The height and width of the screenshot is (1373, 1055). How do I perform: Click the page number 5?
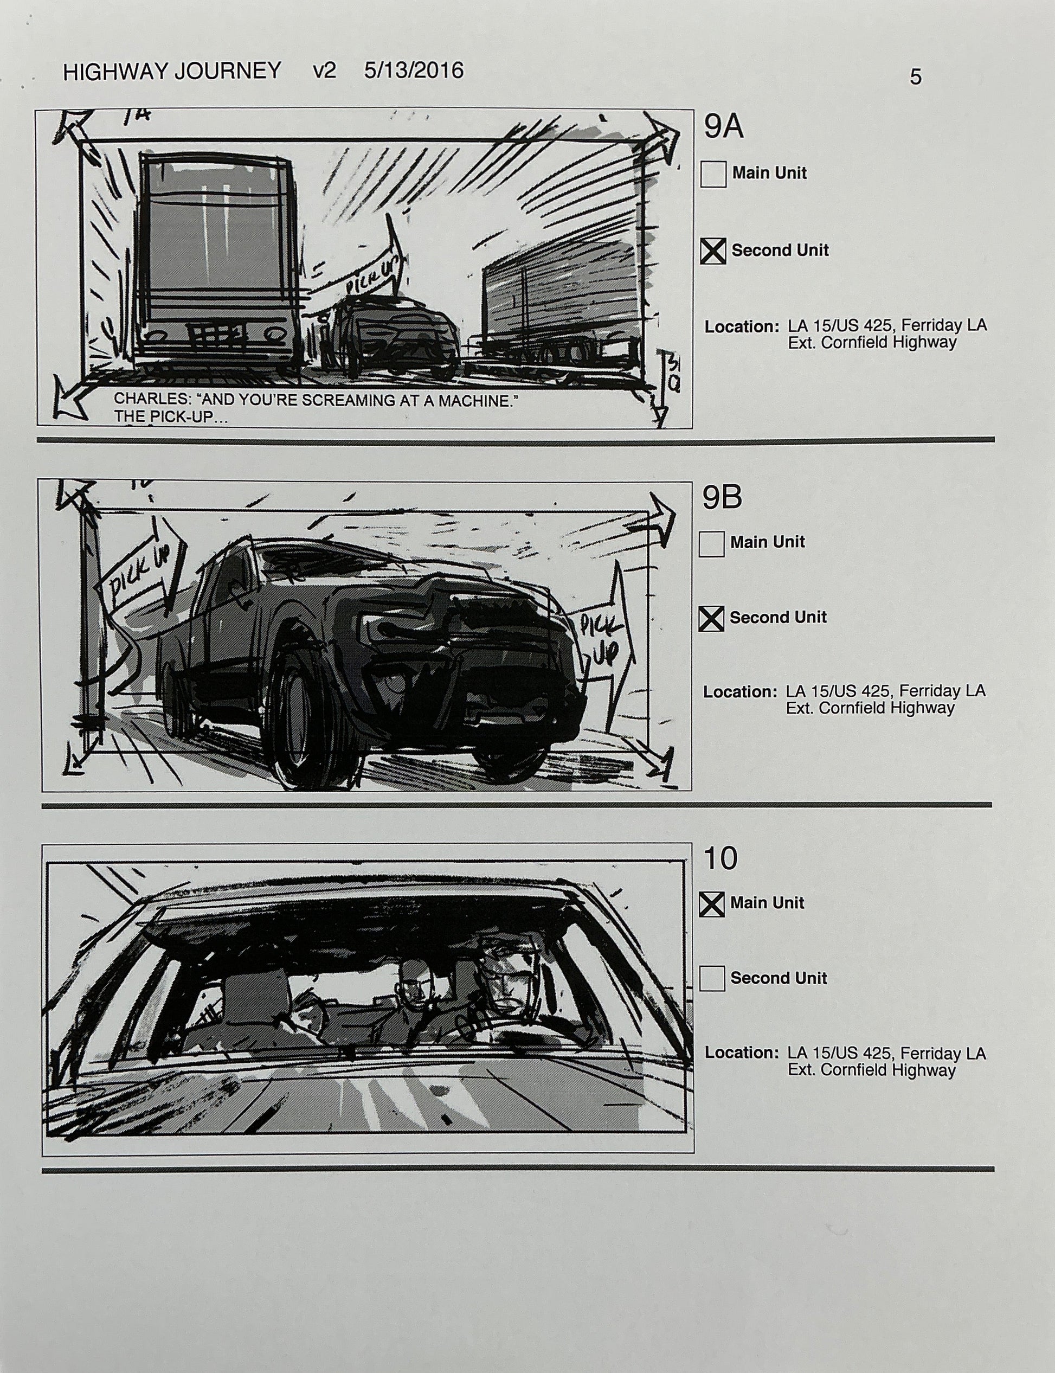pos(915,77)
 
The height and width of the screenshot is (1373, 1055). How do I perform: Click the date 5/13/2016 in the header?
pos(414,70)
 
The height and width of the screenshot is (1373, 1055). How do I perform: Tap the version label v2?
pos(325,70)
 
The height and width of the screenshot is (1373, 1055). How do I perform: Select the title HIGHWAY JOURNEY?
pos(172,71)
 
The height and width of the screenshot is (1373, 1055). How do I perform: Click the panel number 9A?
pos(723,127)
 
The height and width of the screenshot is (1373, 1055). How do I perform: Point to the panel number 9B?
pos(722,497)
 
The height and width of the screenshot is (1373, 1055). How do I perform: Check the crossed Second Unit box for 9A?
pos(713,251)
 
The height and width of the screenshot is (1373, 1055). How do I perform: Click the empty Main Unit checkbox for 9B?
pos(711,544)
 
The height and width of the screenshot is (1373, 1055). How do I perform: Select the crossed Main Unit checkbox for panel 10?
pos(711,904)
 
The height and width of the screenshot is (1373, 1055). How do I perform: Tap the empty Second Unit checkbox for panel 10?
pos(711,979)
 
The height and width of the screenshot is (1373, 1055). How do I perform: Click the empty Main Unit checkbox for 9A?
pos(713,174)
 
